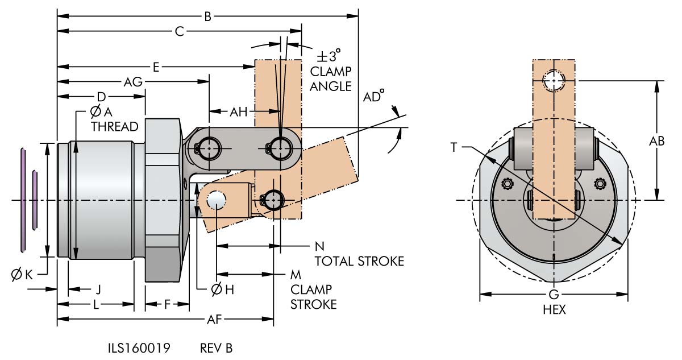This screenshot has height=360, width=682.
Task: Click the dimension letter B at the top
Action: pos(208,17)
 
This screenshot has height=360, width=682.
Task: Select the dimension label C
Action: pos(179,32)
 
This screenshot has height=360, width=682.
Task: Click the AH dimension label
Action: pos(239,112)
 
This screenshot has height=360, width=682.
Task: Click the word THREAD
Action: pos(115,126)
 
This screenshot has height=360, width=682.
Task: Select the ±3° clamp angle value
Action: pos(330,57)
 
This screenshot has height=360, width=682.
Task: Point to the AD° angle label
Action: pos(373,98)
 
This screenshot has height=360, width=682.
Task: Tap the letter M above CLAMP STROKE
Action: pos(296,275)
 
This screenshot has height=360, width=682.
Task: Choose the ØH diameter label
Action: pos(222,289)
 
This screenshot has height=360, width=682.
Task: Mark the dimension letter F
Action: pos(167,304)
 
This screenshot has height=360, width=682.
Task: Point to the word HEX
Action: pos(554,310)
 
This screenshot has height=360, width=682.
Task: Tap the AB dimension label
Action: pos(657,141)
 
